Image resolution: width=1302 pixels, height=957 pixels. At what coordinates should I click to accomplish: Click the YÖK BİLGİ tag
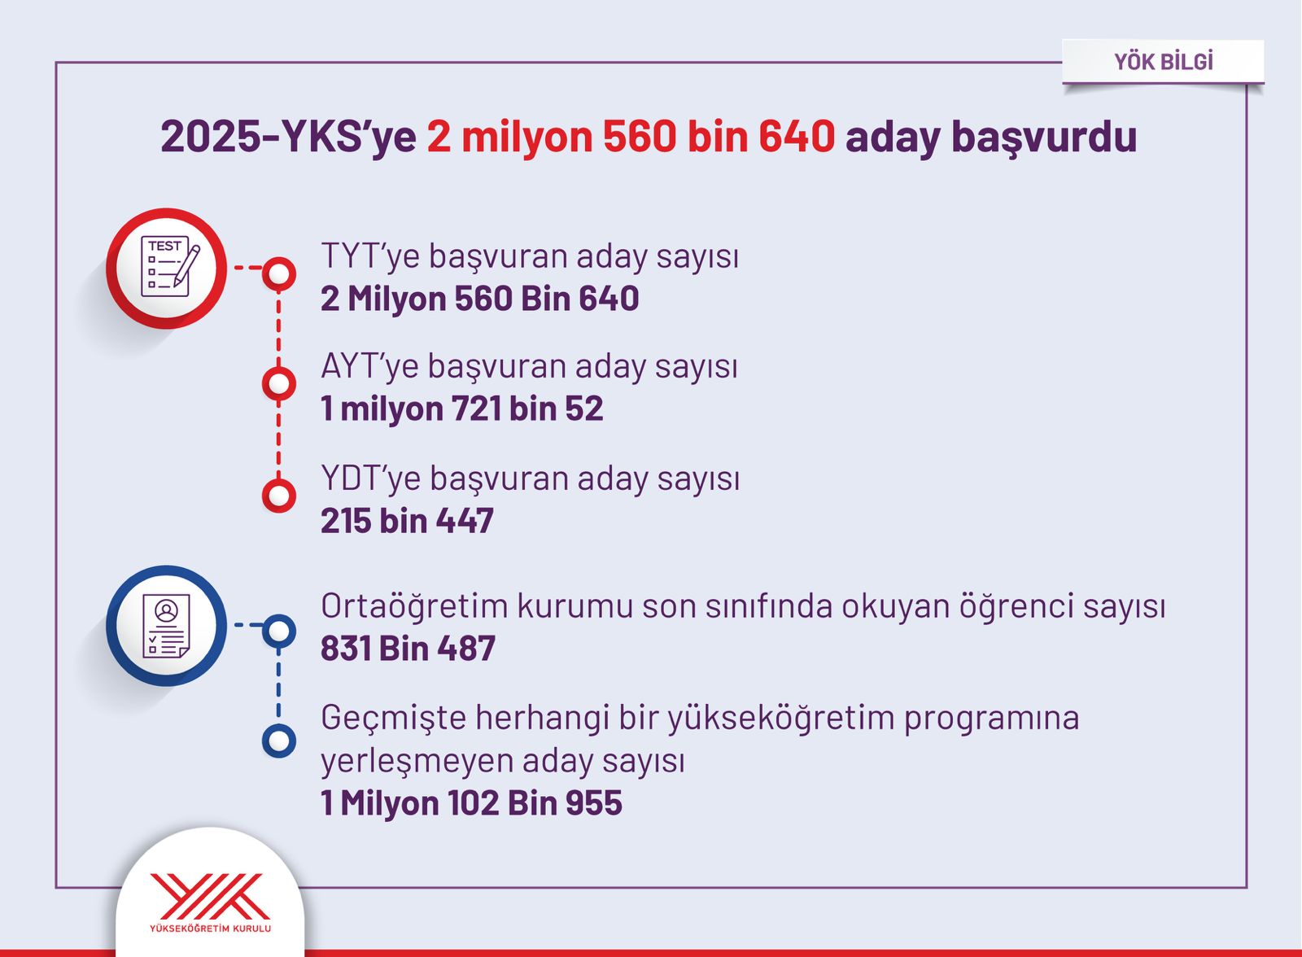[1163, 62]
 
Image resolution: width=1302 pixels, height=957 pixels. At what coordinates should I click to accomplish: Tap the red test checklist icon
[167, 268]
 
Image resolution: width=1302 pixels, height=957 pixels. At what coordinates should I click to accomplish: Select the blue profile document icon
[167, 626]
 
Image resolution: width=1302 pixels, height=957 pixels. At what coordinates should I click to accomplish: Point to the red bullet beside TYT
[279, 273]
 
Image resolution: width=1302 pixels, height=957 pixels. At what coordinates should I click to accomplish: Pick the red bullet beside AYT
[279, 384]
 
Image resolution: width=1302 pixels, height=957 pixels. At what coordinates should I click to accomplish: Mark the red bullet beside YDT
[279, 496]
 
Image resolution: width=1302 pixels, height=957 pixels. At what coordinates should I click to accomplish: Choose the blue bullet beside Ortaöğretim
[279, 631]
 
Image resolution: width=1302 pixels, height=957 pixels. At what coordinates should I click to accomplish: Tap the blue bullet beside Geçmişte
[279, 741]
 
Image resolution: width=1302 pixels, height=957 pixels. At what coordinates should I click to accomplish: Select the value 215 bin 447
[407, 520]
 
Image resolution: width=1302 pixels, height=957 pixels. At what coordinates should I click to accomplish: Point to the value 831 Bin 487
[408, 649]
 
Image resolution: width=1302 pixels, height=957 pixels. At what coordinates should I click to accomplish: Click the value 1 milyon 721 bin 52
[462, 409]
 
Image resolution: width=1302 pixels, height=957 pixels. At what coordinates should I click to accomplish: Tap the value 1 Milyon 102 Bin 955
[471, 803]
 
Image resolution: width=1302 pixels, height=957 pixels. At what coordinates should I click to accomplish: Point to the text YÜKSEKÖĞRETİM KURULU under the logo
[210, 929]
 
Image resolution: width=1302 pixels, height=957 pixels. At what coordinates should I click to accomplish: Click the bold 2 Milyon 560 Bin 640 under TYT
[479, 299]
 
